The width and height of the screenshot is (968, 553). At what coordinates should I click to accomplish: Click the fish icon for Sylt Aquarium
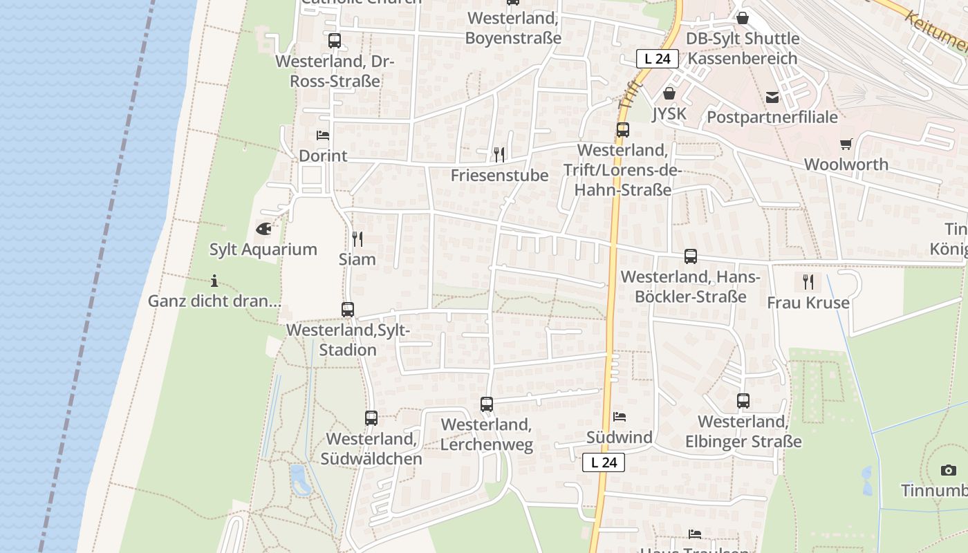[x=263, y=228]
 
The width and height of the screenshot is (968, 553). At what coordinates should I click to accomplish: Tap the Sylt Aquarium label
[x=263, y=250]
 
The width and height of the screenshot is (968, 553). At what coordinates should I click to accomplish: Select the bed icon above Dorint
[x=322, y=135]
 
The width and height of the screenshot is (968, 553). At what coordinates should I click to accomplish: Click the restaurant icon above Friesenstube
[x=499, y=154]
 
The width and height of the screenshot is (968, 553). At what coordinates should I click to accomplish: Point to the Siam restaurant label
[x=357, y=259]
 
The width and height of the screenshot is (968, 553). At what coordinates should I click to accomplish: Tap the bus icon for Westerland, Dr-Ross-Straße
[x=335, y=40]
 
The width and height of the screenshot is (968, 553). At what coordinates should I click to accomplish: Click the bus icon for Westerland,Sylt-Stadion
[x=348, y=310]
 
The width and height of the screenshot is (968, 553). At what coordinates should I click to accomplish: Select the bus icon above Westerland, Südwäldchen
[x=371, y=418]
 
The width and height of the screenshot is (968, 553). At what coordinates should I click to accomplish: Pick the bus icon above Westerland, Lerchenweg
[x=487, y=404]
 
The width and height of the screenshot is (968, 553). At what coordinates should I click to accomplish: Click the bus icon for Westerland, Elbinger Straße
[x=743, y=400]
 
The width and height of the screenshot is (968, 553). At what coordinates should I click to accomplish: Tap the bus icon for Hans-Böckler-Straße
[x=691, y=256]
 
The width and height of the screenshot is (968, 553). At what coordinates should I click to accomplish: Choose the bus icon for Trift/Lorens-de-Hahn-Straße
[x=623, y=129]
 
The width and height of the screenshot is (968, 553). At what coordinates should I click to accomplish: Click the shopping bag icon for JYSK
[x=669, y=93]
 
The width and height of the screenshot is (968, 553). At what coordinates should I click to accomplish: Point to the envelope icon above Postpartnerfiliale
[x=772, y=97]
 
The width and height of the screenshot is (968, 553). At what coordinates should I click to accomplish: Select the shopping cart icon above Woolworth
[x=846, y=144]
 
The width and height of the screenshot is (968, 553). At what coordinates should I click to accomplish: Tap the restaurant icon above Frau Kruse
[x=808, y=281]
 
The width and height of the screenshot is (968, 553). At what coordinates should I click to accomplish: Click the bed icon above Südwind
[x=620, y=416]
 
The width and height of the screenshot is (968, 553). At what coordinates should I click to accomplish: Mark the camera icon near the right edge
[x=949, y=470]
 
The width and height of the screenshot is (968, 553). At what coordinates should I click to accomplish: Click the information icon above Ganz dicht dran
[x=214, y=281]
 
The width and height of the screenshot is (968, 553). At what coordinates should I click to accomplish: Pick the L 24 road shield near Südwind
[x=604, y=462]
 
